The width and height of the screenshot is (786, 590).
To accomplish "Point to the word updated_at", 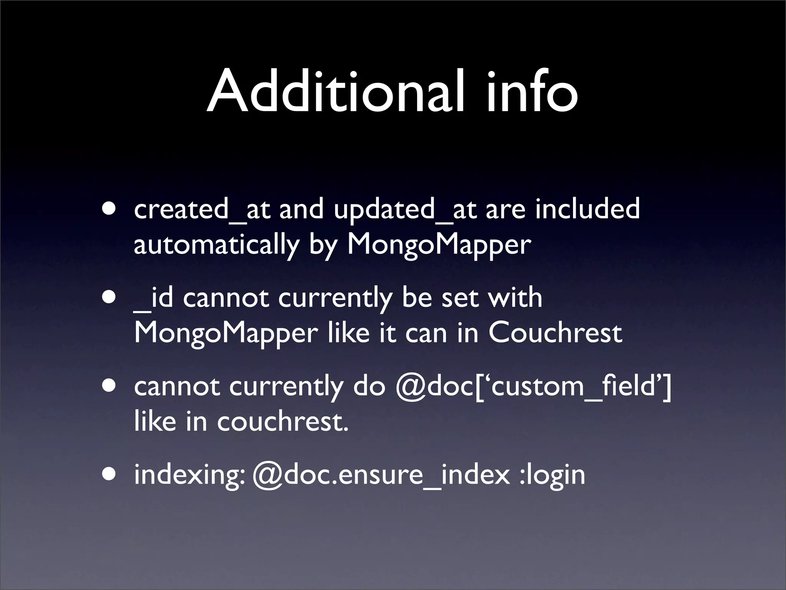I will [405, 210].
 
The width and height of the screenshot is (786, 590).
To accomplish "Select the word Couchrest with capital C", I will [555, 333].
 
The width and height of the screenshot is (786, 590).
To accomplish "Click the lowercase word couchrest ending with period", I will [282, 421].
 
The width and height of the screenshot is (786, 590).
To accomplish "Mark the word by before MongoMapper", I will [323, 245].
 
